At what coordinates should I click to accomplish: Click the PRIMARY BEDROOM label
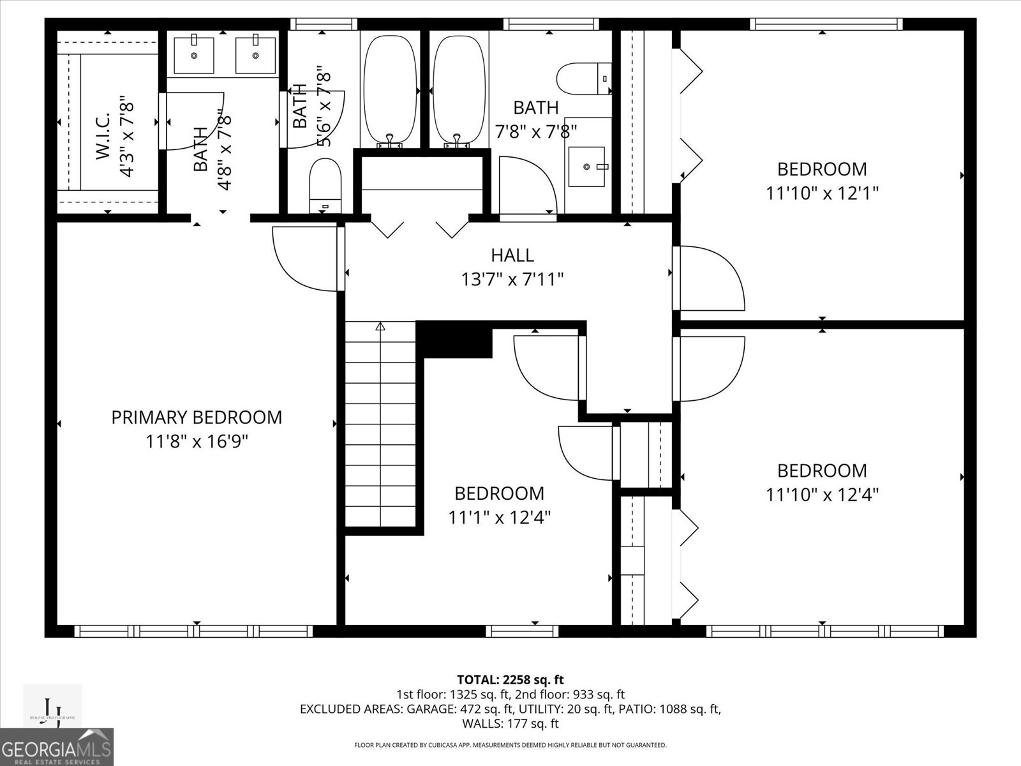(197, 417)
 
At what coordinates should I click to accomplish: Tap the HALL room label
(512, 255)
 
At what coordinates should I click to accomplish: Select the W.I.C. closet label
(104, 136)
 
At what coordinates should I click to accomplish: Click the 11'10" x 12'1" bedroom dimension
(822, 193)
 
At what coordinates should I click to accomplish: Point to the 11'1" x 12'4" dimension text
(500, 517)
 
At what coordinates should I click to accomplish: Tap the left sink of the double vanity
(195, 55)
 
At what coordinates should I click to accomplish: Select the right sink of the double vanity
(255, 55)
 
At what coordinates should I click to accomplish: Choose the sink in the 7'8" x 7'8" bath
(586, 167)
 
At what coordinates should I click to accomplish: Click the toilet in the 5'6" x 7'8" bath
(326, 185)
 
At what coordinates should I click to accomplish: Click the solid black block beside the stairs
(454, 340)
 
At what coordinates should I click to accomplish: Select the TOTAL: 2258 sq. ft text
(510, 680)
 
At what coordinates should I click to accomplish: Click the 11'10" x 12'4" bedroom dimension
(822, 495)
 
